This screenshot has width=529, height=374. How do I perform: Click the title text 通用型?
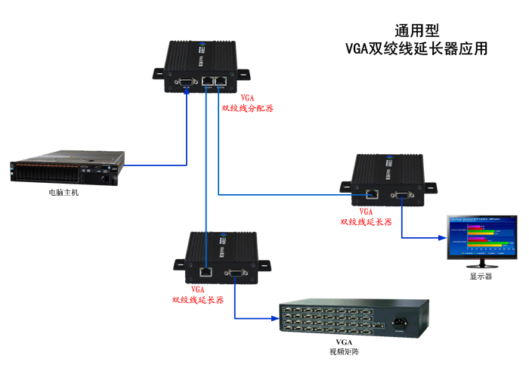[x=416, y=31]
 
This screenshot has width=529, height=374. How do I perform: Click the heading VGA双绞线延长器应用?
[x=416, y=49]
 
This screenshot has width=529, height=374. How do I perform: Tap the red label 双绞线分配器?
[x=247, y=108]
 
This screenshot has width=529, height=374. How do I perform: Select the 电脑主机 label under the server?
[x=63, y=193]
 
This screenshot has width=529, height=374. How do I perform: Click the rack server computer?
[x=66, y=171]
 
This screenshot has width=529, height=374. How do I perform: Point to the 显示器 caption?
[x=481, y=276]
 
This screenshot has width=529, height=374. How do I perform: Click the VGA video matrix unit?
[x=353, y=321]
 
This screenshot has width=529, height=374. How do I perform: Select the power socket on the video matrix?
[x=398, y=325]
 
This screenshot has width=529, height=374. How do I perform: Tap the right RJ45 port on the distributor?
[x=221, y=80]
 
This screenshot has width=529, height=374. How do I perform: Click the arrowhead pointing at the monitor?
[x=444, y=237]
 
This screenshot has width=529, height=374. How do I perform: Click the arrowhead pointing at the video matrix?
[x=275, y=317]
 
